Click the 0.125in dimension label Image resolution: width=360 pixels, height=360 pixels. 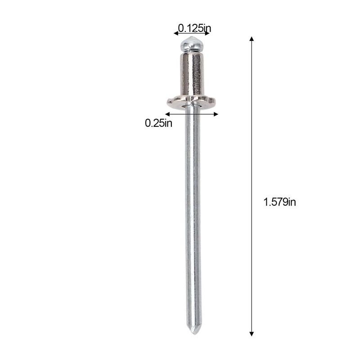(195, 28)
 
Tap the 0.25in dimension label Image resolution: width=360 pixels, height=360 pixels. (158, 123)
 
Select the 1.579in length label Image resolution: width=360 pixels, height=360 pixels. (279, 202)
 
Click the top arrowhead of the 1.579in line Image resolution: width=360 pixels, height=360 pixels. (252, 39)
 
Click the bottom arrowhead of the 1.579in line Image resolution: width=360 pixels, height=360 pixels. (252, 334)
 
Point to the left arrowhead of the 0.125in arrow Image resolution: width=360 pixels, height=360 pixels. (176, 33)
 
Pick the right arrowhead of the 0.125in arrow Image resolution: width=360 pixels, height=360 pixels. (207, 33)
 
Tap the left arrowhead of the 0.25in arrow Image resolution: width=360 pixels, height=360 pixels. (167, 114)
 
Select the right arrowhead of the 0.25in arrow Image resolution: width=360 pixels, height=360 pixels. (216, 114)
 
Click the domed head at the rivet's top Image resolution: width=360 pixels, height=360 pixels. (192, 44)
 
